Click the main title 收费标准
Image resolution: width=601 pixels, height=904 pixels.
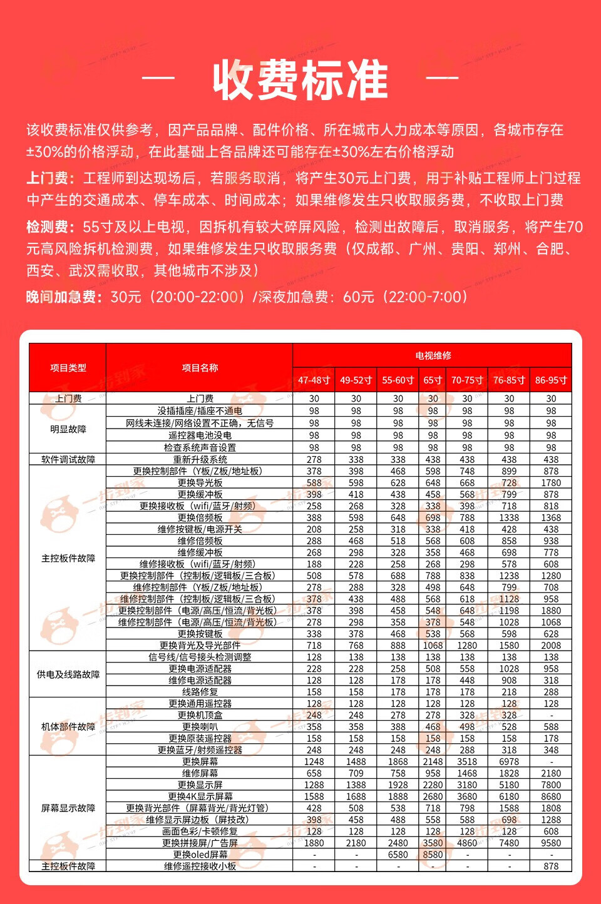tap(300, 81)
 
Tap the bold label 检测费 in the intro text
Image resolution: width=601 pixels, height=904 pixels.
tap(48, 226)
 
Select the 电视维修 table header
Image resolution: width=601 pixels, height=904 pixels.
tap(433, 355)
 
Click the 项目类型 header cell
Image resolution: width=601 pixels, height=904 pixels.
tap(68, 368)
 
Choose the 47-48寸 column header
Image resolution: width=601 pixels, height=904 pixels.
tap(314, 380)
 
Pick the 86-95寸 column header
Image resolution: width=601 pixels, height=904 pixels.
tap(551, 380)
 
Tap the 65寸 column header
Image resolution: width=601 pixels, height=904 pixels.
tap(433, 380)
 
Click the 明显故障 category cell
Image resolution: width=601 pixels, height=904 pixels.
tap(68, 429)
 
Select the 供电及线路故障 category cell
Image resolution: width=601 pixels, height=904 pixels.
tap(68, 674)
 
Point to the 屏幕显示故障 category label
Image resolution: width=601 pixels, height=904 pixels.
tap(68, 808)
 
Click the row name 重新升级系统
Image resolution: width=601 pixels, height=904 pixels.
tap(200, 459)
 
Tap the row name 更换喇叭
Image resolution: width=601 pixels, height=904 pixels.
tap(200, 727)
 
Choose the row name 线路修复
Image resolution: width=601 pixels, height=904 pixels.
tap(200, 692)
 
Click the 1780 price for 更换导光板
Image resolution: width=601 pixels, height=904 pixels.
tap(551, 483)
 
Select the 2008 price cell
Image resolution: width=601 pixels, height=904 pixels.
tap(551, 646)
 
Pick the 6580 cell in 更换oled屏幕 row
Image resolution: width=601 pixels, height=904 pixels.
tap(398, 855)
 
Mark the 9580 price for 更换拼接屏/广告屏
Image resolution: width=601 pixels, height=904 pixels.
tap(551, 843)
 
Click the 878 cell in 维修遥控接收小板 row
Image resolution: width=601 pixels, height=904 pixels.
tap(551, 866)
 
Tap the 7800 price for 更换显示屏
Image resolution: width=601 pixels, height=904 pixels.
tap(551, 785)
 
